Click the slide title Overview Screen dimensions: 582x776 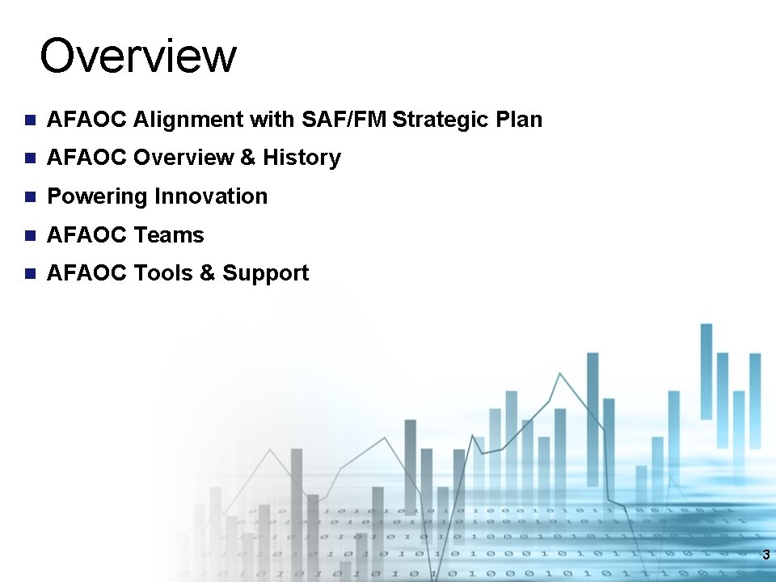pos(138,57)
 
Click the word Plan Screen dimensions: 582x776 pos(518,120)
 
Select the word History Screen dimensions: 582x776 pos(302,158)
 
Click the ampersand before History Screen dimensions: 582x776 pos(248,158)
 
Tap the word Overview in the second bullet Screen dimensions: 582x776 pos(183,158)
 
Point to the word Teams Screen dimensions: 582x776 pos(169,235)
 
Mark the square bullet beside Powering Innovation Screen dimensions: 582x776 pos(30,196)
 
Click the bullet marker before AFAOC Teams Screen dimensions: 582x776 pos(30,235)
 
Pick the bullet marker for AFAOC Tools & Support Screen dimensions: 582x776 pos(30,273)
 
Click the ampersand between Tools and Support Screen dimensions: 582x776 pos(208,273)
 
